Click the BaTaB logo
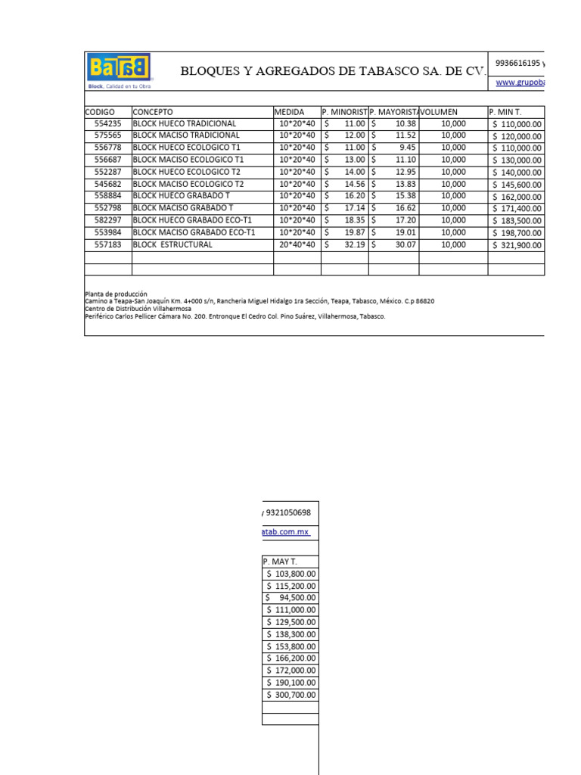120,68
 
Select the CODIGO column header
101,112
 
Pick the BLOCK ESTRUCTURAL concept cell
172,245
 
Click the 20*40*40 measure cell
297,245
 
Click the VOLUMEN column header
440,112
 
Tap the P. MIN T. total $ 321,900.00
517,245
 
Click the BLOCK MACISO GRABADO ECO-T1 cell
194,232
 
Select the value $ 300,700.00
291,695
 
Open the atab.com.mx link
285,532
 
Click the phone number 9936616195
517,63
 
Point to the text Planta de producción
116,294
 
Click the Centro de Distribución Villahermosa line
138,309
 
